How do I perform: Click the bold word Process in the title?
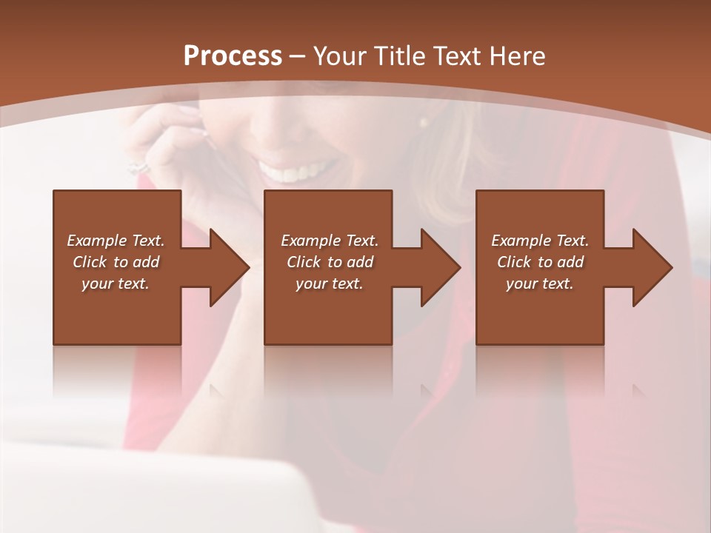pyautogui.click(x=233, y=56)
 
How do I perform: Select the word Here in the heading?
pyautogui.click(x=518, y=56)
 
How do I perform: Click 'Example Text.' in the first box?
pyautogui.click(x=116, y=241)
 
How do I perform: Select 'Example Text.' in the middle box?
pyautogui.click(x=329, y=241)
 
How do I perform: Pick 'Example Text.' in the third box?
pyautogui.click(x=540, y=241)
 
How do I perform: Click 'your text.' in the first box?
pyautogui.click(x=116, y=284)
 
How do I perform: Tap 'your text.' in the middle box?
pyautogui.click(x=329, y=284)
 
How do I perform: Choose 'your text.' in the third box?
pyautogui.click(x=540, y=284)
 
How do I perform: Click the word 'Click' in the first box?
pyautogui.click(x=90, y=262)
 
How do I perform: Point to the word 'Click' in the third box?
pyautogui.click(x=514, y=262)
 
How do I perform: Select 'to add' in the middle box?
pyautogui.click(x=350, y=262)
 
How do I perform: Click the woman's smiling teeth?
pyautogui.click(x=293, y=173)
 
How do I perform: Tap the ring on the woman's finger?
pyautogui.click(x=138, y=167)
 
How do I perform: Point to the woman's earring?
pyautogui.click(x=424, y=121)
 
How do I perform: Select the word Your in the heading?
pyautogui.click(x=337, y=56)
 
